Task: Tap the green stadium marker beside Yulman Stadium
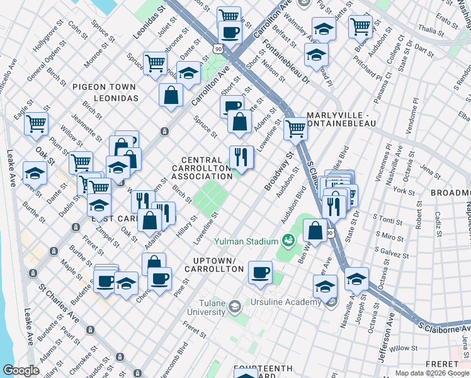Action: [x=288, y=240]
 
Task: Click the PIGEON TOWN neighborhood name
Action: [x=104, y=86]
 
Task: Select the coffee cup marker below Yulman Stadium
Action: [x=260, y=273]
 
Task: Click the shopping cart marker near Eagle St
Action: [x=37, y=123]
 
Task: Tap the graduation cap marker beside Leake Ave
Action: [x=35, y=173]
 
